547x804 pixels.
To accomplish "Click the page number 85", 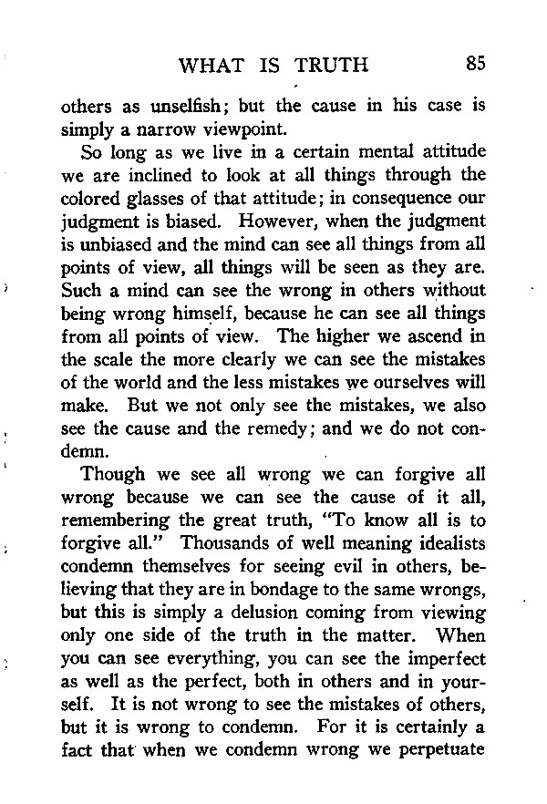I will [x=474, y=63].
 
